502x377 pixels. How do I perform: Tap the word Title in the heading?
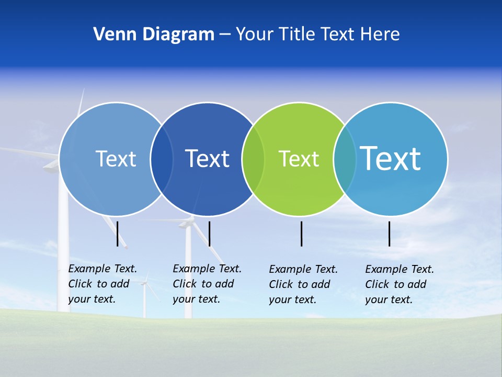coord(296,35)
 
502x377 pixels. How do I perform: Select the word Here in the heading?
coord(380,35)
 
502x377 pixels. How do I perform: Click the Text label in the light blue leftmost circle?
coord(116,159)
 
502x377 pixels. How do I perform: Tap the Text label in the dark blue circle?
coord(207,159)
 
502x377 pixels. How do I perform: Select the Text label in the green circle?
coord(299,159)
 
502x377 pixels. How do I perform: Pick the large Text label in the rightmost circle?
coord(390,159)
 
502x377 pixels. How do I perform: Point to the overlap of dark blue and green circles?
coord(253,159)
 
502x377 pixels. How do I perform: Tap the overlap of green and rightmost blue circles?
coord(345,159)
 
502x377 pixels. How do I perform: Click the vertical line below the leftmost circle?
coord(118,234)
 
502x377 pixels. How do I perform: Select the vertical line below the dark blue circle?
coord(209,234)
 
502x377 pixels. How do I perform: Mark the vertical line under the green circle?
coord(301,234)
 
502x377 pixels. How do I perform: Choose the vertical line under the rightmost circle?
coord(389,234)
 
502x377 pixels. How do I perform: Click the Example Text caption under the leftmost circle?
coord(102,284)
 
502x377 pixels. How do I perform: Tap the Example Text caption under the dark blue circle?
coord(207,284)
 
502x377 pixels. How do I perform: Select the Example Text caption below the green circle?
coord(303,284)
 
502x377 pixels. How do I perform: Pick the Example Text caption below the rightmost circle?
coord(399,284)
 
